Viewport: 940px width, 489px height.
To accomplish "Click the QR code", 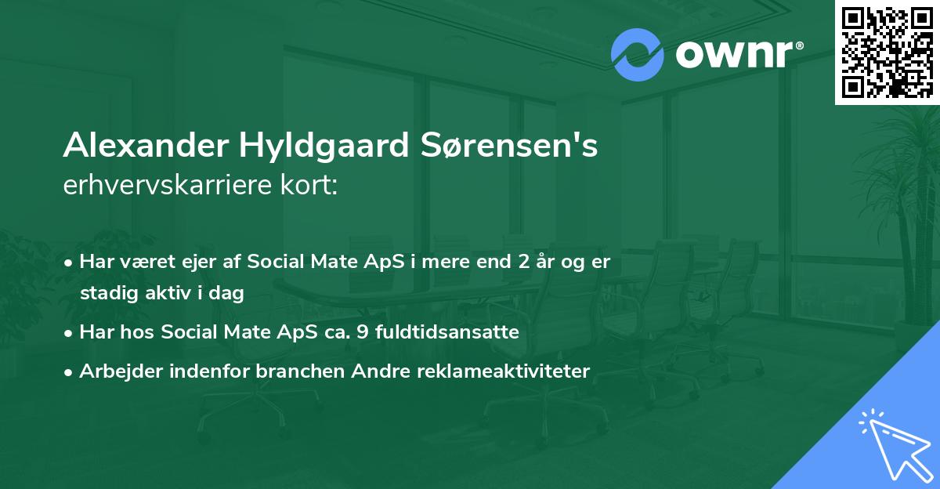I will click(887, 52).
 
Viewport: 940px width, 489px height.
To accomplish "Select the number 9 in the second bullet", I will click(362, 332).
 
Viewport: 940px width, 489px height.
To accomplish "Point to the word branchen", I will click(294, 371).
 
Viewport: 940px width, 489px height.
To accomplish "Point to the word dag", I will click(229, 294).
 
